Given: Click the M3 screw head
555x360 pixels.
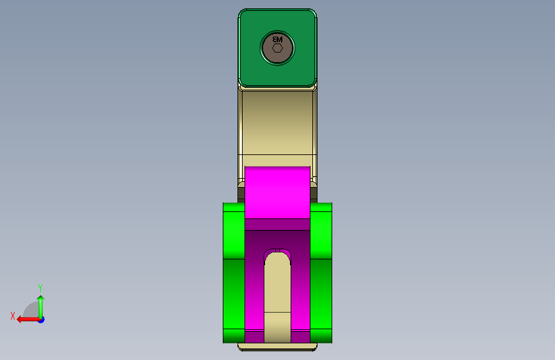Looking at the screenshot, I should pos(277,56).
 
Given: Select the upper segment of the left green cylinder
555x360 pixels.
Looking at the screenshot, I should pos(234,231).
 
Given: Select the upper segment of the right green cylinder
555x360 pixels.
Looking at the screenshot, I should pos(321,231).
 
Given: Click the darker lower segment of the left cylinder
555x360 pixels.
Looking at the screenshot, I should pos(234,295).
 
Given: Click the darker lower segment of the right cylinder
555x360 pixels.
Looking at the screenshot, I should pos(321,295).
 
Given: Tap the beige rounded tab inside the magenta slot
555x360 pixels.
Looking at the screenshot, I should pos(277,288).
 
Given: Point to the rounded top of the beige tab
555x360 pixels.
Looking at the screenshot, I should pos(277,256).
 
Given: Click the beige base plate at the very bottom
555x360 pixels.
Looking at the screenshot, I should pos(277,347).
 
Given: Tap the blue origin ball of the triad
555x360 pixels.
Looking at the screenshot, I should pos(40,319).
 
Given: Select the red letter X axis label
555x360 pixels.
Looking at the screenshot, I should pos(13,315).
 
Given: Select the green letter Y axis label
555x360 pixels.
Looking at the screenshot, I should pos(40,288).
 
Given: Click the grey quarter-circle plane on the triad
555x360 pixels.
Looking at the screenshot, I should pos(31,311).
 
